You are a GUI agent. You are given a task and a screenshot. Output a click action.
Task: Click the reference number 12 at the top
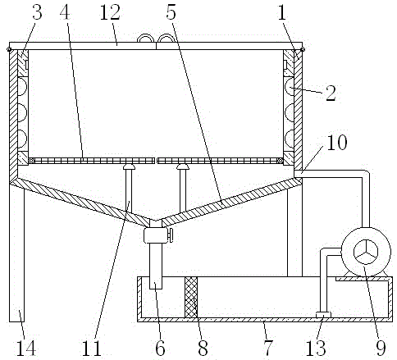pos(110,13)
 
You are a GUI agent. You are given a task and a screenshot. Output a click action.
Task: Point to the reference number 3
pos(37,12)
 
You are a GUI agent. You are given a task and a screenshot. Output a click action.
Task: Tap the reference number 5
pos(171,12)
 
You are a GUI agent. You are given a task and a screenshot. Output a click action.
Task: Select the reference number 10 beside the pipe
pos(337,142)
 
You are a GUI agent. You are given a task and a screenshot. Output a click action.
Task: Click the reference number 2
pos(331,93)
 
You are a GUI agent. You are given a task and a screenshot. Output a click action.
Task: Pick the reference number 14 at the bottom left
pos(26,349)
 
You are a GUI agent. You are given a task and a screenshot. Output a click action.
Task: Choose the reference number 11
pos(92,349)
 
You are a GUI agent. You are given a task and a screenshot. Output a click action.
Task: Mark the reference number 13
pos(316,349)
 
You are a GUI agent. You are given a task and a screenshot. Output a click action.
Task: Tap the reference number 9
pos(381,349)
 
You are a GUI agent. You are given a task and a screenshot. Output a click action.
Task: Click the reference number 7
pos(268,349)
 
